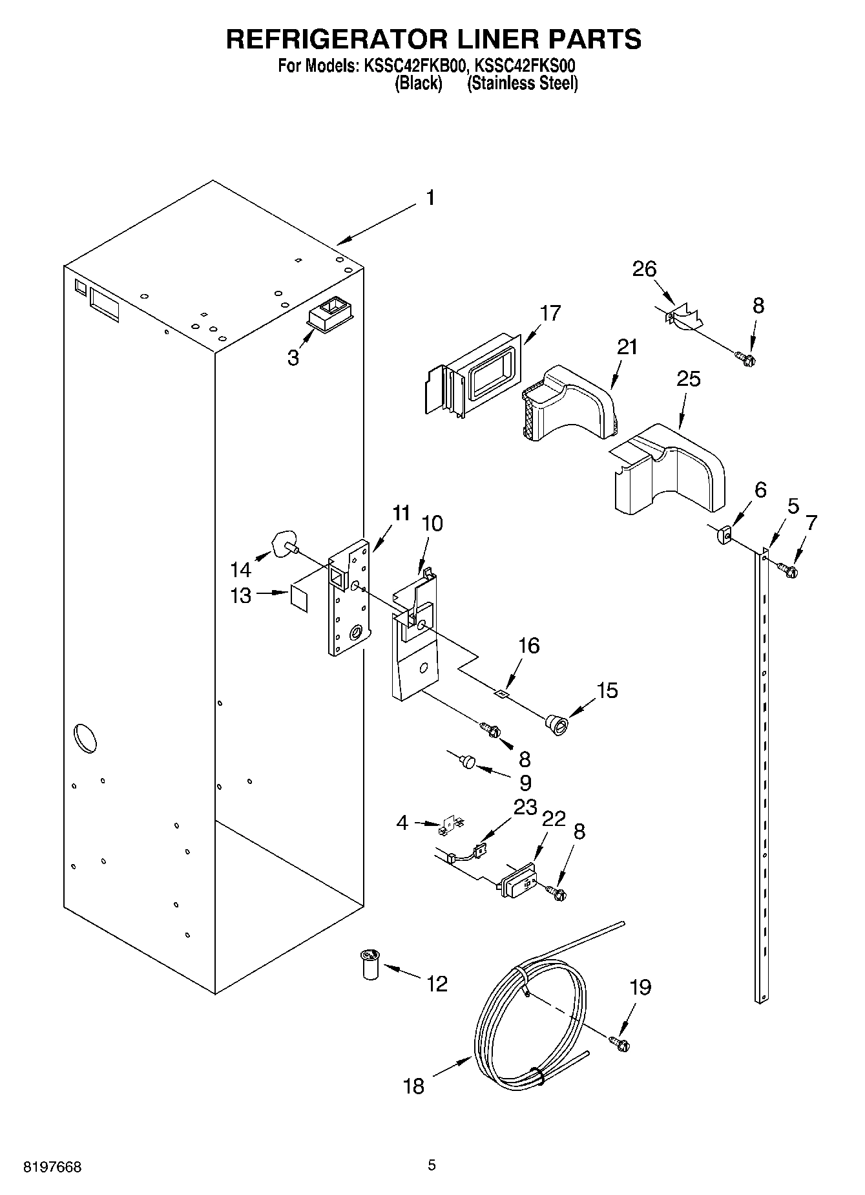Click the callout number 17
coord(551,313)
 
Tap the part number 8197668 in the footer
coord(52,1167)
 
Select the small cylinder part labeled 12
coord(370,964)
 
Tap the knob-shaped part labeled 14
coord(284,543)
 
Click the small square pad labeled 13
coord(299,596)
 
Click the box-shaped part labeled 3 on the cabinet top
coord(331,315)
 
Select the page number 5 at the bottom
coord(432,1165)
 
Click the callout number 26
coord(644,268)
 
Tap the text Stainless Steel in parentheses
coord(522,83)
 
